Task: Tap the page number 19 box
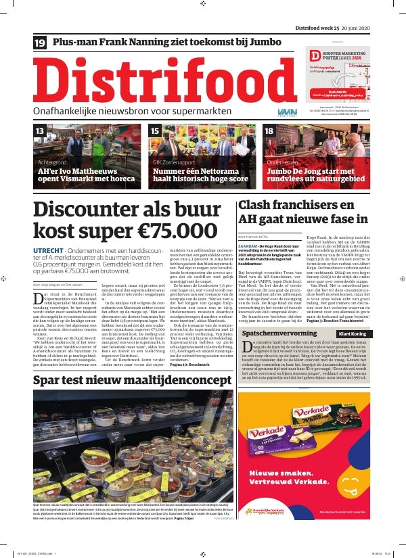pos(40,43)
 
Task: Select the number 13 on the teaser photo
pos(40,131)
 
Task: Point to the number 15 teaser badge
pos(155,131)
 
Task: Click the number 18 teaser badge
pos(269,131)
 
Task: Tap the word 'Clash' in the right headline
pos(260,205)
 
